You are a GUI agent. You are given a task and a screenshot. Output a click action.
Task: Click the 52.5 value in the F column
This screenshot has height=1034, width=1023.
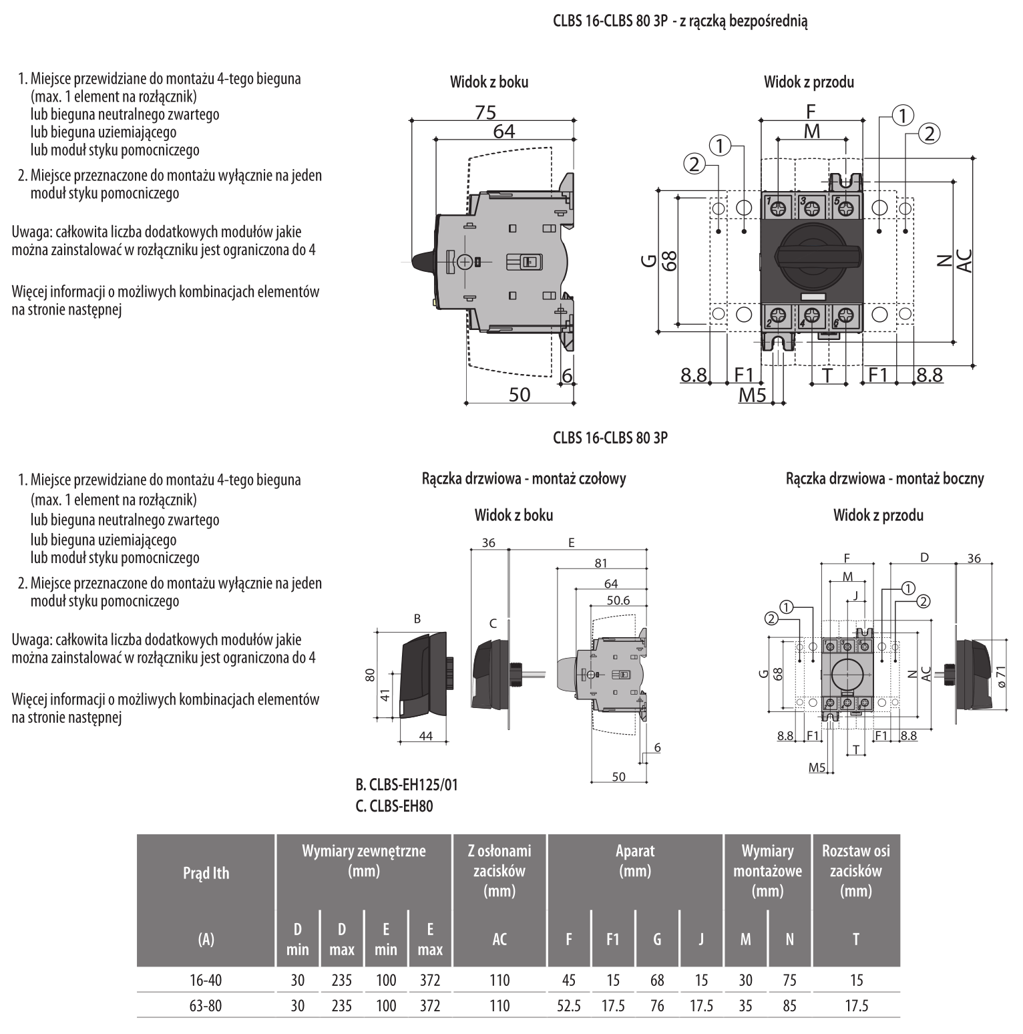pos(568,1005)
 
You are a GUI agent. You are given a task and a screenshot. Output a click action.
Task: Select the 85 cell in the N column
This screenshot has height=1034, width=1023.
pos(789,1005)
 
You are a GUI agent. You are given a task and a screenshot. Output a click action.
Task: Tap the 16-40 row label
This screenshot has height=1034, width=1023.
pos(206,980)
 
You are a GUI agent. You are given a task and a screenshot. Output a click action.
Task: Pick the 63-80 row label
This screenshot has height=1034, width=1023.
pos(206,1005)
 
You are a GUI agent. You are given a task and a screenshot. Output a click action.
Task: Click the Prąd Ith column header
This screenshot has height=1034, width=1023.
pos(206,873)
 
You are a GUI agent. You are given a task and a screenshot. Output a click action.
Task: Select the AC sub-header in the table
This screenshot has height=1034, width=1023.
pos(499,939)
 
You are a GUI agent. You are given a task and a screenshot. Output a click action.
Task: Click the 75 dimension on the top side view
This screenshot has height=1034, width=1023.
pos(485,113)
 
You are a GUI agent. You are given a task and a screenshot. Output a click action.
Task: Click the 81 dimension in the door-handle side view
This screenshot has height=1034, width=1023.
pos(601,564)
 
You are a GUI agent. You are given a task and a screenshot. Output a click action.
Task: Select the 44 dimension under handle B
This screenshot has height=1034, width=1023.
pos(425,736)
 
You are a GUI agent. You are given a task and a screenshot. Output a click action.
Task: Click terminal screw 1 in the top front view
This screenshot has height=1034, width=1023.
pos(778,208)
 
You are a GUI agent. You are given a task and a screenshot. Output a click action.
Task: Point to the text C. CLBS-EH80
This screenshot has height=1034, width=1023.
pos(394,806)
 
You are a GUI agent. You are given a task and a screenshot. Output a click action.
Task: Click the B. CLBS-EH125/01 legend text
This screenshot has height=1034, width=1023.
pos(407,785)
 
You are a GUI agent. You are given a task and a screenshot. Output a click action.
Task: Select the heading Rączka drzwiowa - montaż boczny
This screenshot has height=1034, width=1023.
pos(885,478)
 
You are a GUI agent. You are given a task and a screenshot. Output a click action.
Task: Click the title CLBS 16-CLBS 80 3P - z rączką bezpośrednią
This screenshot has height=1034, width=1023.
pos(680,21)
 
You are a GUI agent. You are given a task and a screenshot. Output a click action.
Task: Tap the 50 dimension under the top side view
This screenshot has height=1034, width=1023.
pos(520,395)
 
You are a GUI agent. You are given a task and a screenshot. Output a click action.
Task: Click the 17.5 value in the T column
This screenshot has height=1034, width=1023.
pos(856,1005)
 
